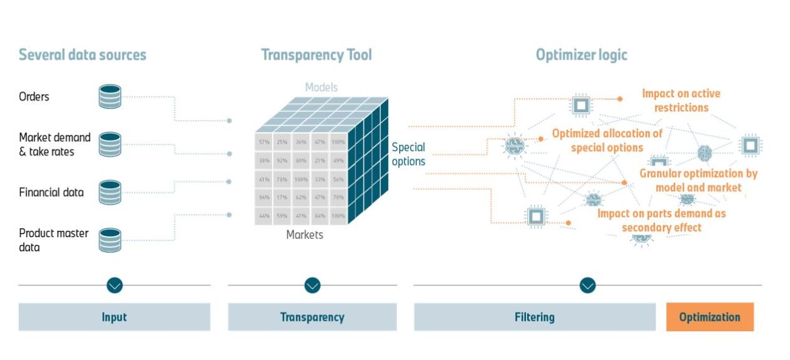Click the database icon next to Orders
110,97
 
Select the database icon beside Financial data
110,193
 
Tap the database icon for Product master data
110,240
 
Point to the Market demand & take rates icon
110,144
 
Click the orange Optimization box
709,317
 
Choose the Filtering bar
534,317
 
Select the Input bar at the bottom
114,317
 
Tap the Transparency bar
312,317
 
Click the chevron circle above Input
114,285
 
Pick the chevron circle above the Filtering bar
587,285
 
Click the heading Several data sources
82,55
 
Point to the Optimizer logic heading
581,55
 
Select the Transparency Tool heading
316,55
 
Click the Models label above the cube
321,87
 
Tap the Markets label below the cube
305,235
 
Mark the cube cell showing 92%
282,161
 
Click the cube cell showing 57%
264,142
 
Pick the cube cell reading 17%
282,198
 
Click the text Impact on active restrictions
681,100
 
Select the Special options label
408,154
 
